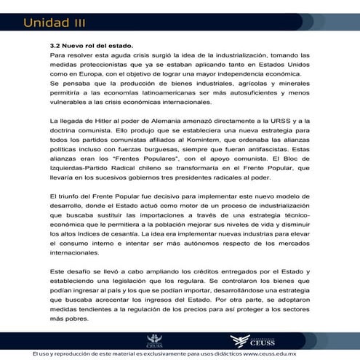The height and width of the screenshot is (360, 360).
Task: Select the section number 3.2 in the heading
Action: click(55, 45)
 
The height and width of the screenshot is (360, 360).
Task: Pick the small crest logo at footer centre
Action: click(154, 339)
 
